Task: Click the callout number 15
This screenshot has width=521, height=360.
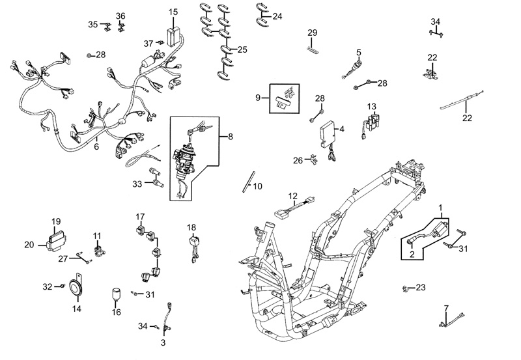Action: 173,12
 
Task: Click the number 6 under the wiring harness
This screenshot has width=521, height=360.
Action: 97,147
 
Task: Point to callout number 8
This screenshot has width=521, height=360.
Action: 229,137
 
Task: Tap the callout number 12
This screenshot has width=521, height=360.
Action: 293,195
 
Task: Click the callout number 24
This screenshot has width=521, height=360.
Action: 277,16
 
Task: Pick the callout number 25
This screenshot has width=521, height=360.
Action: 242,49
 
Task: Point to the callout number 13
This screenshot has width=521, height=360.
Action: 371,107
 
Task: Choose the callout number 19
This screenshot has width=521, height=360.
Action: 56,221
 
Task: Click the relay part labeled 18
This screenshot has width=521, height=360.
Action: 193,243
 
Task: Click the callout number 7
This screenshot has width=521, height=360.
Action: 446,307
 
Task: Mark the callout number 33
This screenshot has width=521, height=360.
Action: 137,185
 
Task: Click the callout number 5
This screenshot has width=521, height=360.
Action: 358,51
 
